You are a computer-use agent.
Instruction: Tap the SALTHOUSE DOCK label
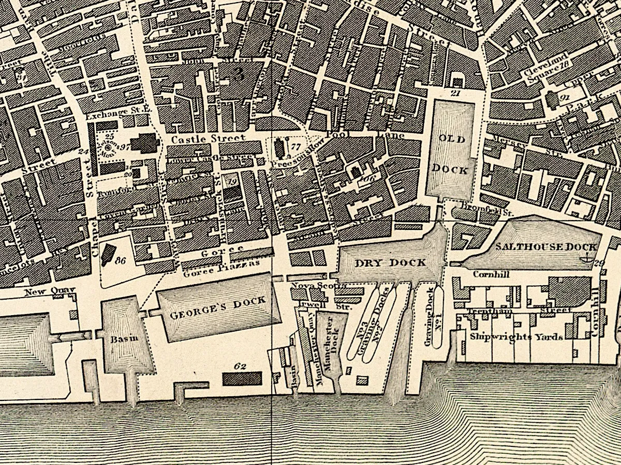click(546, 247)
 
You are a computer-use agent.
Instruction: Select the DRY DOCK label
click(391, 262)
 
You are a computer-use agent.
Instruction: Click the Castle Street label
click(208, 139)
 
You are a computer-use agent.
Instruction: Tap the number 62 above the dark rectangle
click(240, 366)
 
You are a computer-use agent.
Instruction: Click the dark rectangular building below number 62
click(242, 379)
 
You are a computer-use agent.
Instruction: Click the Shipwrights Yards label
click(516, 337)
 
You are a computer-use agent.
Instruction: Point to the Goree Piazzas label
click(221, 264)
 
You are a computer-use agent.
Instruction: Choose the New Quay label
click(50, 291)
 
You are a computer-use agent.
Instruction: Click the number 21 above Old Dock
click(455, 93)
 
